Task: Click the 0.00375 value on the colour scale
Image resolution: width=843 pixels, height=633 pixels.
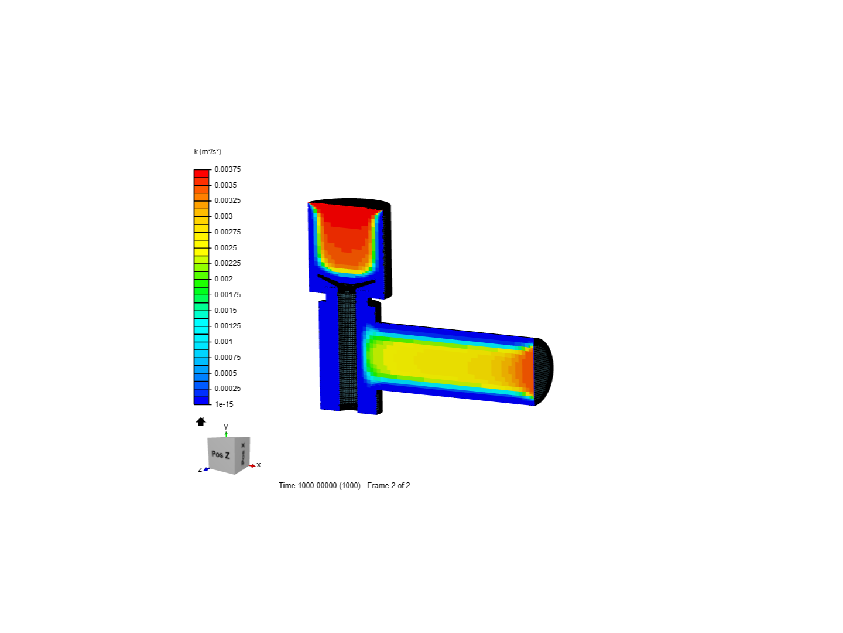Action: click(x=227, y=169)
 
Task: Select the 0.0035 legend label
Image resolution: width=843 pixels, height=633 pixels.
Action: click(x=225, y=185)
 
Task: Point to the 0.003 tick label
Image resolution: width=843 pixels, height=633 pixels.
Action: click(x=223, y=216)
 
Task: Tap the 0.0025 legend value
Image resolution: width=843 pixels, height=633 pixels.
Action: click(x=225, y=248)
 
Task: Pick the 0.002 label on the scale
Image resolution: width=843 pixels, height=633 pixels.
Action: click(x=223, y=279)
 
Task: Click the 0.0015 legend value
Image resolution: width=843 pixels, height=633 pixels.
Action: click(x=225, y=311)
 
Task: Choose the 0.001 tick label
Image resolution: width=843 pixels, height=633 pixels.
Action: click(x=223, y=342)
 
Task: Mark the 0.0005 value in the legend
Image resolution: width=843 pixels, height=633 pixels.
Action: click(x=225, y=373)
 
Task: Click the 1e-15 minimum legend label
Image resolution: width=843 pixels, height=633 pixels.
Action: click(x=224, y=404)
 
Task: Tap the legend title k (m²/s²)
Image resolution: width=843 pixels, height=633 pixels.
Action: click(x=207, y=152)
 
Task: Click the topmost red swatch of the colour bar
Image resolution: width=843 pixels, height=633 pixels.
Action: click(x=201, y=173)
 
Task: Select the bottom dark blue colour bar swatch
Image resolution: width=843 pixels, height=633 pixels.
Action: click(x=201, y=400)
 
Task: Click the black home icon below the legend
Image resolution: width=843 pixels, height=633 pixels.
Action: click(x=201, y=421)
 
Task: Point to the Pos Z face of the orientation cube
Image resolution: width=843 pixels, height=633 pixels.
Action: click(x=221, y=454)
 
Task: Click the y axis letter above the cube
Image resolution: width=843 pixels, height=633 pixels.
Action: click(x=226, y=427)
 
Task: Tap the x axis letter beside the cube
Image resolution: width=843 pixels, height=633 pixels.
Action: click(x=259, y=465)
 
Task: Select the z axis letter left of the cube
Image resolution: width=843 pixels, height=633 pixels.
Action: click(x=200, y=469)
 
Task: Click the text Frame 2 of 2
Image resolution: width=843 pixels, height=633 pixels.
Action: click(x=389, y=485)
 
